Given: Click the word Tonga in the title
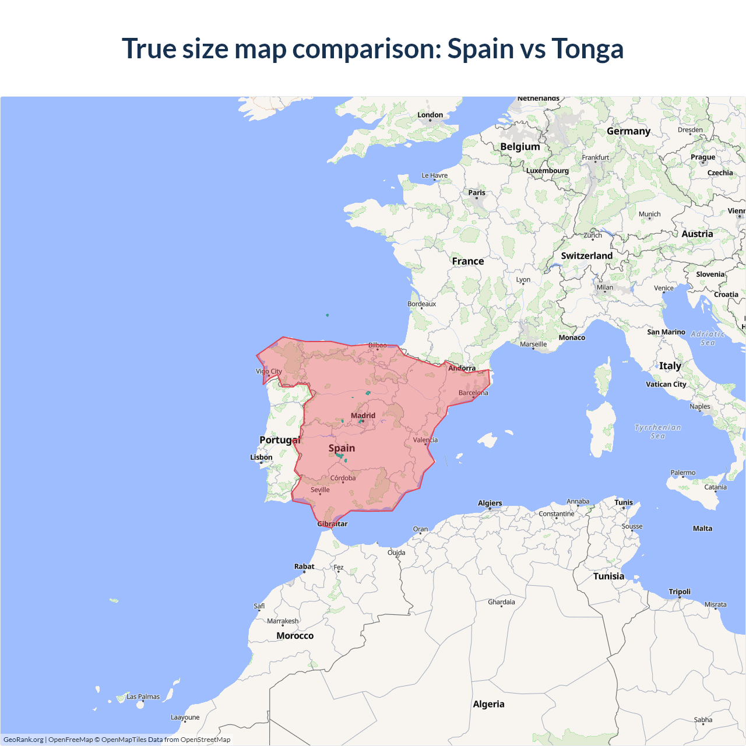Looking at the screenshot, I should (x=587, y=49).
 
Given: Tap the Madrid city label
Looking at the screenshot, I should (x=363, y=416).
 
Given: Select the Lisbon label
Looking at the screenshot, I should (x=261, y=458).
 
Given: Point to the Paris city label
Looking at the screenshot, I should (x=476, y=193).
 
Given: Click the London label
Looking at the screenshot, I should (x=430, y=115).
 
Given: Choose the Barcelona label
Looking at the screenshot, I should (x=473, y=393).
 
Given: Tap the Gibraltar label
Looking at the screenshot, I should (x=332, y=524).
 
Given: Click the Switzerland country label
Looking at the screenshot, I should (x=586, y=256).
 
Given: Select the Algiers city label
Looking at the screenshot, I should (x=490, y=503).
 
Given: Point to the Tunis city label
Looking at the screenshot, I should (x=623, y=502).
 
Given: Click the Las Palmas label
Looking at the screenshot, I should (x=143, y=696).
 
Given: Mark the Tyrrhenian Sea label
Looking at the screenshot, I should (x=657, y=432).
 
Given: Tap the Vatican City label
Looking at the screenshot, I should (x=666, y=384).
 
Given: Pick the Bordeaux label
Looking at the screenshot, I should (x=421, y=304).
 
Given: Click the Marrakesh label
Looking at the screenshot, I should (x=283, y=621).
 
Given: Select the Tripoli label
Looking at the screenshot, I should (x=680, y=592).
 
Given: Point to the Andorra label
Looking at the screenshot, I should (x=462, y=368).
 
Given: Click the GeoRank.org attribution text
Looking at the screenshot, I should (x=23, y=740).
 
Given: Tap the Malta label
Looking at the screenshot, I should (x=702, y=529).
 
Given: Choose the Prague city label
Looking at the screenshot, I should (x=703, y=157).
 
